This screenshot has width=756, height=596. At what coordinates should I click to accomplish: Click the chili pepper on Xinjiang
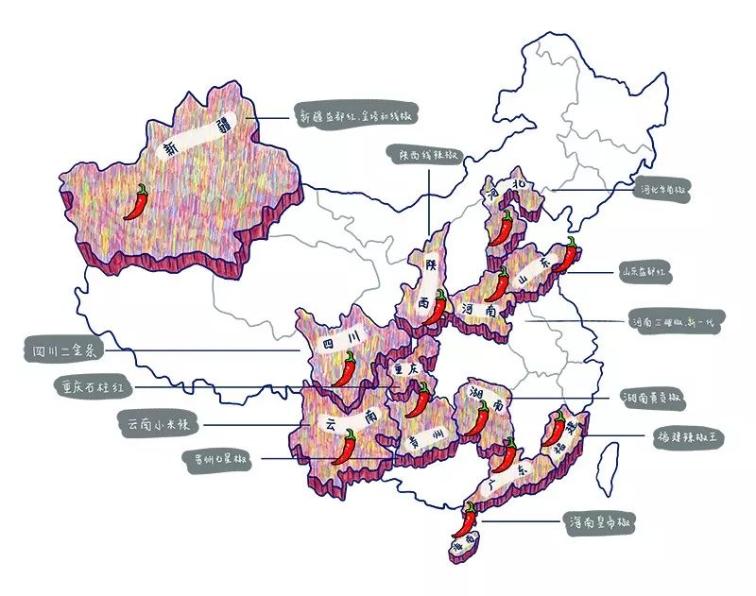pos(139,201)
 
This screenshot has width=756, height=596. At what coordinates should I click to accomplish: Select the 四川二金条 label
pos(62,353)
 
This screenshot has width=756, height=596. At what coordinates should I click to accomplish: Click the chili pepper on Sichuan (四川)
pos(348,368)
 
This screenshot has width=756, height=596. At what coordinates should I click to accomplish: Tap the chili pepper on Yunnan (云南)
pos(347,446)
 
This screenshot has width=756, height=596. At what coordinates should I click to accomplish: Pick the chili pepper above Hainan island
pos(467,519)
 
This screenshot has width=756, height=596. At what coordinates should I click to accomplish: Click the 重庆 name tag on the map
pos(406,367)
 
